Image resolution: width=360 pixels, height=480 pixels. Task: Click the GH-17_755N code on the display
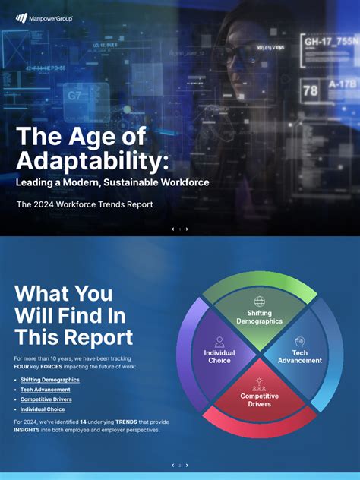point(330,41)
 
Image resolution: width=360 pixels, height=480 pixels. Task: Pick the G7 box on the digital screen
point(75,96)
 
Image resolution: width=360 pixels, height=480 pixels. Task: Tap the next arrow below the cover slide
point(187,229)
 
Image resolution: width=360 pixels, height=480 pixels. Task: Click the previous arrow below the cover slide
point(172,229)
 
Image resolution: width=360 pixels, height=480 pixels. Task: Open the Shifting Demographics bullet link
point(49,380)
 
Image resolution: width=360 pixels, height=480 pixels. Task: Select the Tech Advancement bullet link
point(45,390)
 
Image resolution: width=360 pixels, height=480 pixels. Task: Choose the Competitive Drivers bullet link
point(46,399)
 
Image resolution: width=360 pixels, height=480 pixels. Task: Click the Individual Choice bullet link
point(43,409)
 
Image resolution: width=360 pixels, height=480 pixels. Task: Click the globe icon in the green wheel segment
point(260,302)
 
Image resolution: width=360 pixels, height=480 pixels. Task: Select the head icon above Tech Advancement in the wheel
point(300,342)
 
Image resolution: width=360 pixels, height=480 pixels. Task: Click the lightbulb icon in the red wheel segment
point(259,383)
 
